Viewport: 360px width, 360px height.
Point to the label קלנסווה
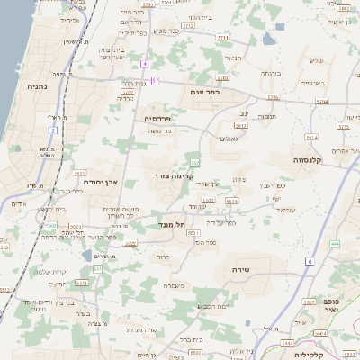pyautogui.click(x=308, y=159)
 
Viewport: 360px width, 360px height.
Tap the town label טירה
pyautogui.click(x=240, y=269)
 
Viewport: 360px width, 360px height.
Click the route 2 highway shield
pyautogui.click(x=53, y=130)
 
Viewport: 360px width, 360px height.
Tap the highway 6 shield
pyautogui.click(x=308, y=262)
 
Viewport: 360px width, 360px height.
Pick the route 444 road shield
pyautogui.click(x=335, y=243)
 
